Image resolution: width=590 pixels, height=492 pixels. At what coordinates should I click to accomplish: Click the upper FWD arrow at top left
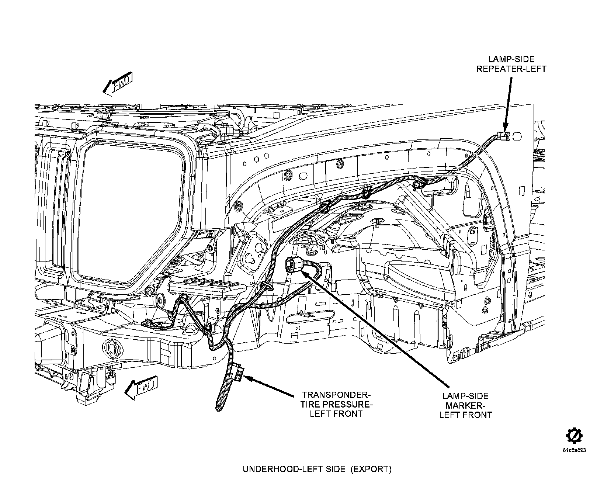point(117,85)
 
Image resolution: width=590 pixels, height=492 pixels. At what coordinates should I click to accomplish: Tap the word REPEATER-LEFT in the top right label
point(511,69)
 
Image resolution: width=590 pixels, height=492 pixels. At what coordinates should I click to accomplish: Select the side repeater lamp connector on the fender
point(503,136)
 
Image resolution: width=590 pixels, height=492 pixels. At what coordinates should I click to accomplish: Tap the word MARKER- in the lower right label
point(465,406)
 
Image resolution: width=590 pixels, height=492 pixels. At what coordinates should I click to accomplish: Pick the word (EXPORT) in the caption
point(370,470)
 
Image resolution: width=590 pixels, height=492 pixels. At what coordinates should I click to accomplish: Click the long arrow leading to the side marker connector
point(376,328)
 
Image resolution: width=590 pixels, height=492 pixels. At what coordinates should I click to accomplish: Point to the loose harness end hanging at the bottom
point(219,406)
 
